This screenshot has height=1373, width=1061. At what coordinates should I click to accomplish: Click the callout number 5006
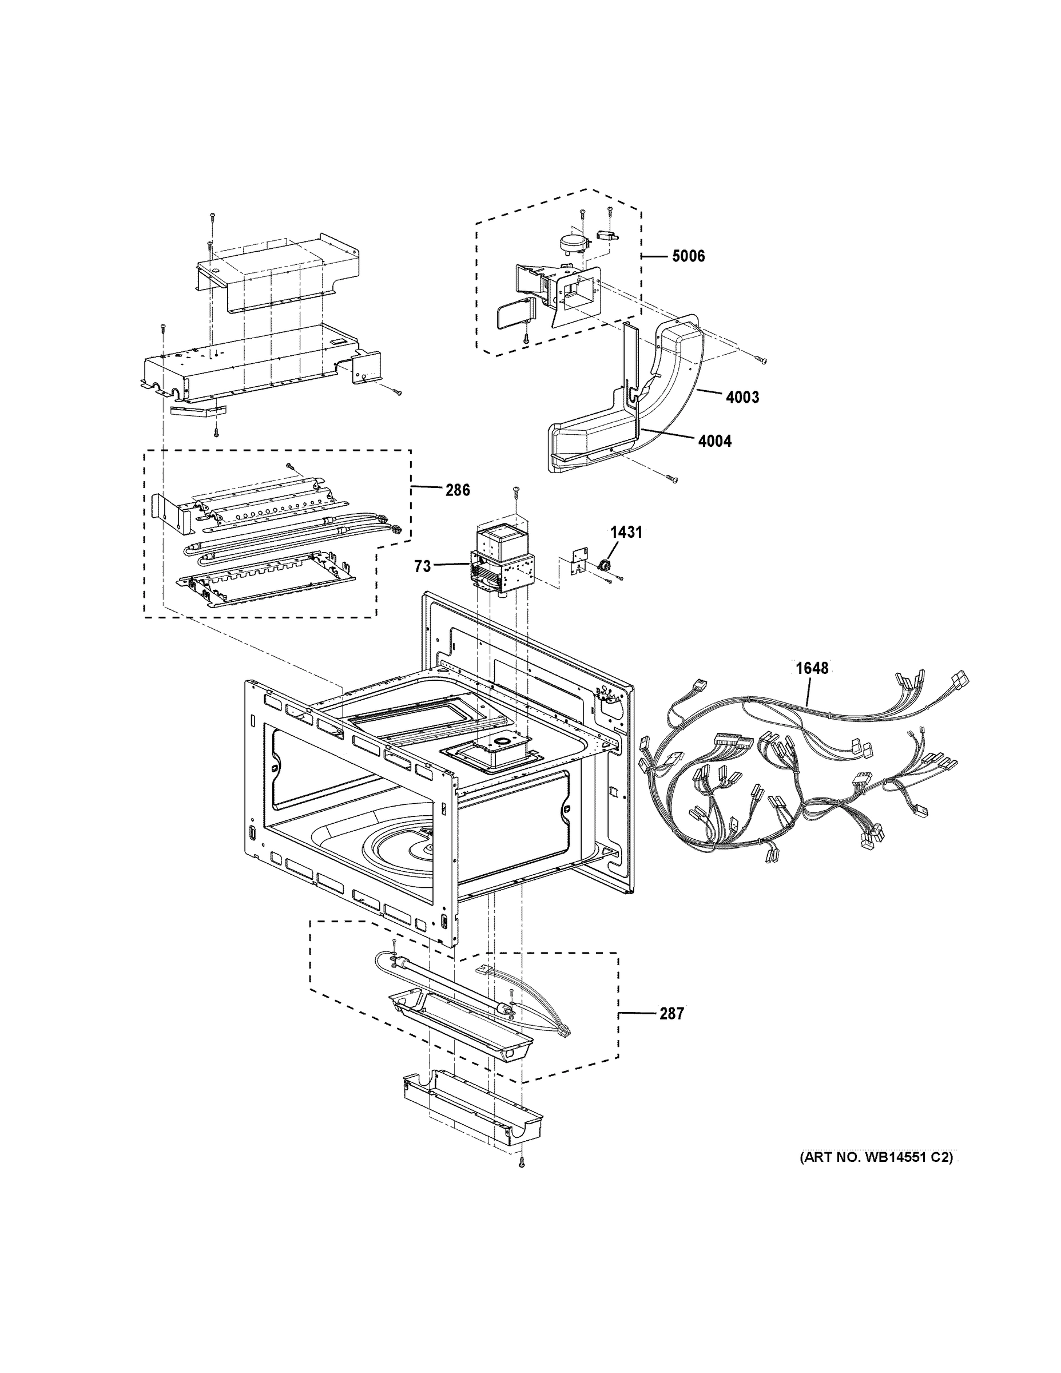688,256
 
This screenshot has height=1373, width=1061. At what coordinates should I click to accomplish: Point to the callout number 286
457,490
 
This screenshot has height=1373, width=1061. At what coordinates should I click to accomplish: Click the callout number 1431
626,533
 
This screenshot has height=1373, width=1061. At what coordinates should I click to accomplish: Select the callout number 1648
812,668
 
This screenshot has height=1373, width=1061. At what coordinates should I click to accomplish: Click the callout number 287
671,1014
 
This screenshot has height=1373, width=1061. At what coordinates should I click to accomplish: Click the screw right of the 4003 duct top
762,359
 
